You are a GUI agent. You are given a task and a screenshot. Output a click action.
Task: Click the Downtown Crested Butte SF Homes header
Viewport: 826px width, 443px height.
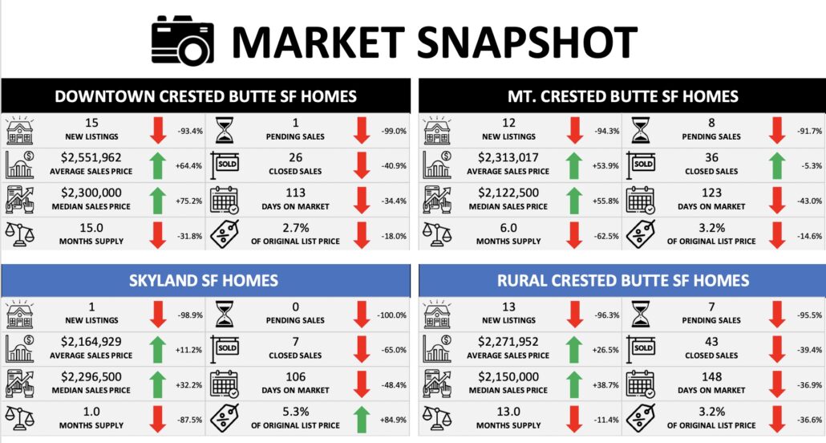coord(205,96)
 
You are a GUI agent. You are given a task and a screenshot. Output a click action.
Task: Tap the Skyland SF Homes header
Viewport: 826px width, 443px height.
coord(205,280)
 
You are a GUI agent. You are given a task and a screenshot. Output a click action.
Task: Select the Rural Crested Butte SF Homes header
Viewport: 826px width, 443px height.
coord(623,280)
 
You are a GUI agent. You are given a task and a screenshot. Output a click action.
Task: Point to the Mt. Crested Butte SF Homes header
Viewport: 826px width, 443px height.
coord(623,96)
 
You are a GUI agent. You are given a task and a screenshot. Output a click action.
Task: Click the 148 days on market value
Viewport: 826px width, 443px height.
coord(713,377)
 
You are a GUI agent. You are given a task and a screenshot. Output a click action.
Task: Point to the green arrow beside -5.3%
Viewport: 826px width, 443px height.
coord(775,165)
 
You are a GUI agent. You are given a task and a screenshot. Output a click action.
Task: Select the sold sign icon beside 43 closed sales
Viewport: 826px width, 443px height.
coord(643,348)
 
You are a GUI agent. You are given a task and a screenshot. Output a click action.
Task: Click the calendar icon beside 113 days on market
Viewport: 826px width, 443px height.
coord(225,200)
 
